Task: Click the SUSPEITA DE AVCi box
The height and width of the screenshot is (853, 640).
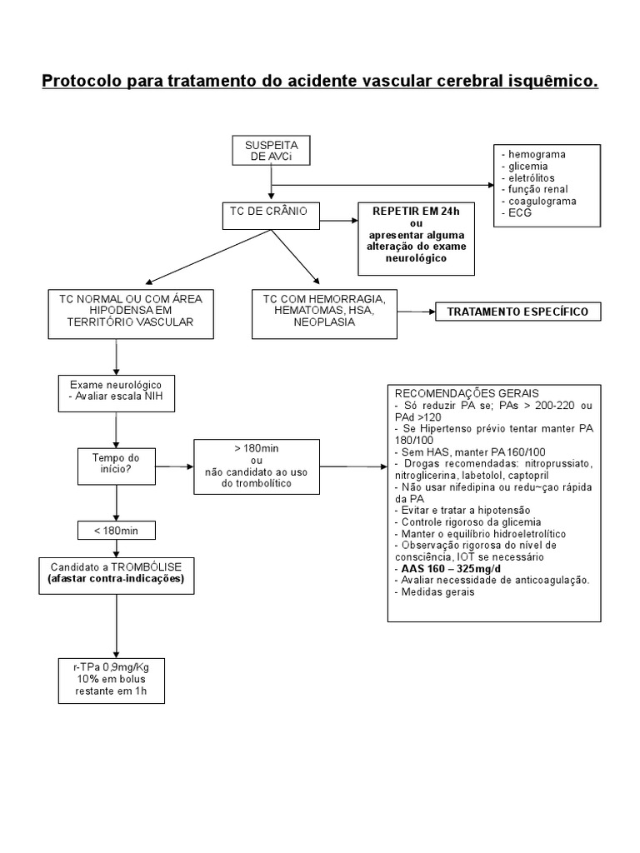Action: pyautogui.click(x=270, y=151)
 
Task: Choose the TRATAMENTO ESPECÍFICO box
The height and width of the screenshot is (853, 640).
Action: pyautogui.click(x=517, y=312)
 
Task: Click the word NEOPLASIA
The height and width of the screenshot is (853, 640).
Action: pyautogui.click(x=323, y=323)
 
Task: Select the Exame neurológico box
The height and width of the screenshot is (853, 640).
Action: pyautogui.click(x=116, y=390)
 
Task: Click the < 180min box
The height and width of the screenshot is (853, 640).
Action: pyautogui.click(x=116, y=530)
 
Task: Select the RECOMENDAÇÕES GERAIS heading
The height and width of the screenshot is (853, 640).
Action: pyautogui.click(x=467, y=393)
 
